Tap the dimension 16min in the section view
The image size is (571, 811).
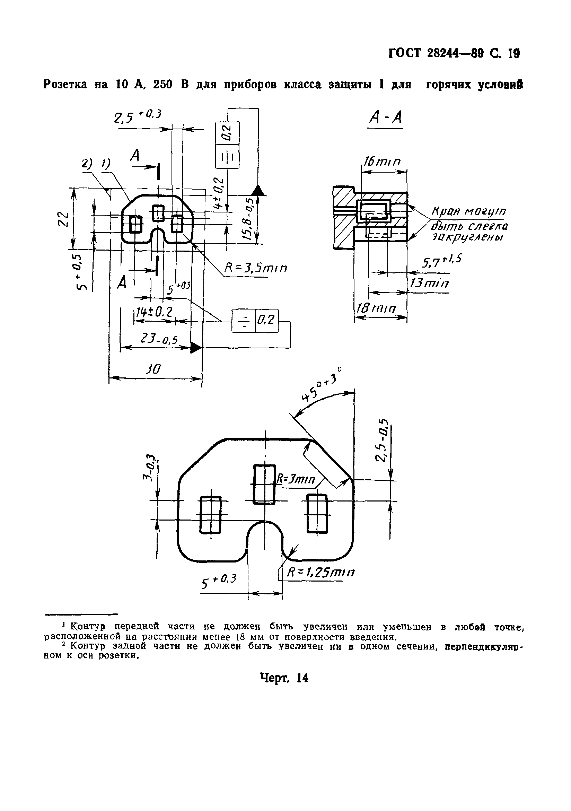tap(383, 162)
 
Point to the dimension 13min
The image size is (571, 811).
tap(428, 283)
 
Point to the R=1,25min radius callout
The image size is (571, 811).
tap(320, 572)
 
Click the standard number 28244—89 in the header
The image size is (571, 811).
tap(454, 53)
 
